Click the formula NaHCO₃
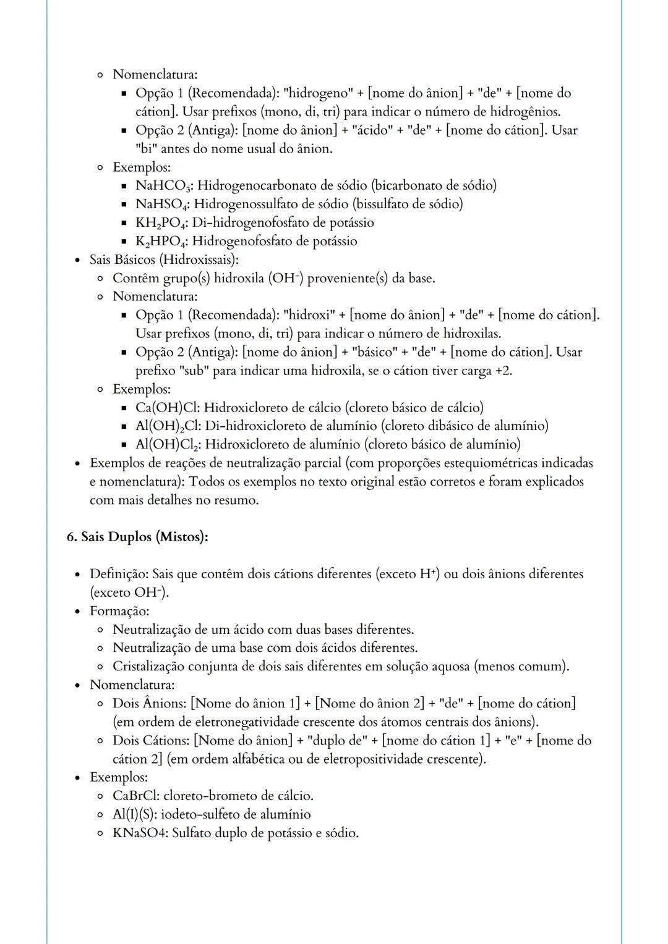pyautogui.click(x=163, y=185)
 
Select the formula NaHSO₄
pyautogui.click(x=162, y=204)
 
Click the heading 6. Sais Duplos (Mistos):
pyautogui.click(x=137, y=537)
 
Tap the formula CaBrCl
pyautogui.click(x=134, y=796)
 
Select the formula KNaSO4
pyautogui.click(x=139, y=833)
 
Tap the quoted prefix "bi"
pyautogui.click(x=146, y=149)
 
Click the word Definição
pyautogui.click(x=118, y=574)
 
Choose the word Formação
pyautogui.click(x=118, y=611)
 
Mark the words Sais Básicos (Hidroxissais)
pyautogui.click(x=163, y=259)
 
